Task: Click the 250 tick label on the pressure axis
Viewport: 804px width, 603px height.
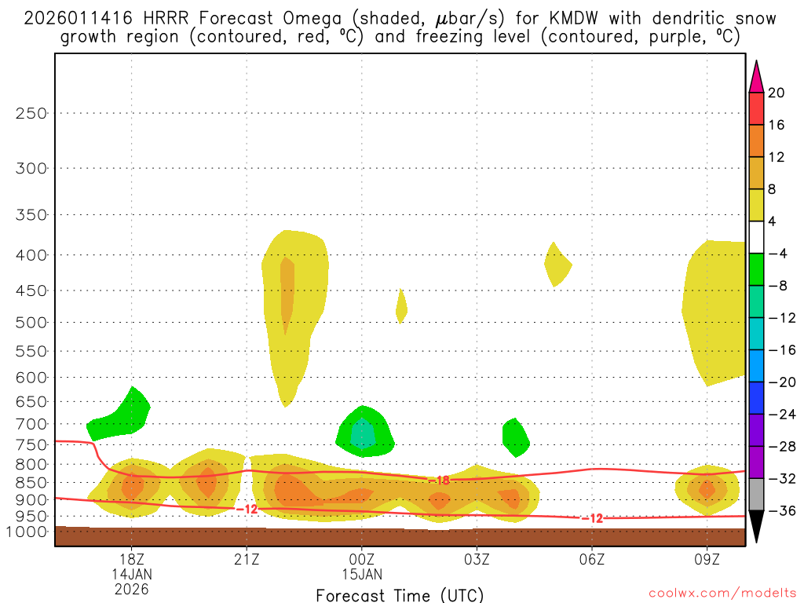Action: pos(31,113)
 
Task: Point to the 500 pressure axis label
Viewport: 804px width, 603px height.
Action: pos(31,322)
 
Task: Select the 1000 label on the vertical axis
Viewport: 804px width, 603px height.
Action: pos(28,532)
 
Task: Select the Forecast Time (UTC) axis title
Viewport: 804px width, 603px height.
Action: pos(400,594)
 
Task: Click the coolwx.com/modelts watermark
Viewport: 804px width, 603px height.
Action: pos(722,592)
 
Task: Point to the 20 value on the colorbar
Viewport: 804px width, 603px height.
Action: pos(777,93)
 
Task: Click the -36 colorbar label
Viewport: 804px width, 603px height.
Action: pos(780,511)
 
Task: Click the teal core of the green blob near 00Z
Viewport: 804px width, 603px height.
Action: pos(362,433)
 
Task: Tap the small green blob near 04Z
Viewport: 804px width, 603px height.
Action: pos(515,437)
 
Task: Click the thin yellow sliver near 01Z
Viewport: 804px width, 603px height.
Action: pos(401,306)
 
